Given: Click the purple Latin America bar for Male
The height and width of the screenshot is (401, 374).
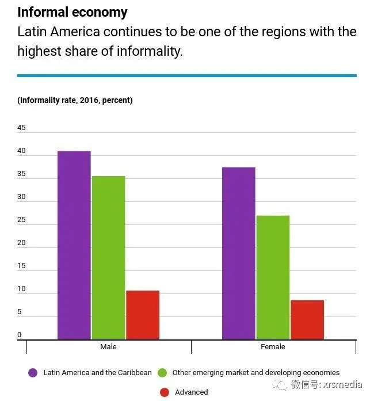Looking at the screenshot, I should (x=74, y=245).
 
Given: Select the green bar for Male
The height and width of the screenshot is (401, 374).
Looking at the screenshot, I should (x=108, y=258).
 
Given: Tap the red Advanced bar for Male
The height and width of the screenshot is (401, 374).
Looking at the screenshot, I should (x=142, y=315).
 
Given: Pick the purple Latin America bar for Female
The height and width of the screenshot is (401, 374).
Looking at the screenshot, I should (x=239, y=253).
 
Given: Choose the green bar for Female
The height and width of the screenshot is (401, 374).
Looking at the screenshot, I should (x=273, y=277).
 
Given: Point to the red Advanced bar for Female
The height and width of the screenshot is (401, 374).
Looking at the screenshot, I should (x=307, y=320).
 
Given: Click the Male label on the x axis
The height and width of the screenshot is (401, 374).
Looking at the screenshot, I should (x=108, y=347).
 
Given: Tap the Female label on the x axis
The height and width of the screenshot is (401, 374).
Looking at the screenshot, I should (x=273, y=347).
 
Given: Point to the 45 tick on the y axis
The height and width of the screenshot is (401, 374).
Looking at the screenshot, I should (x=22, y=128).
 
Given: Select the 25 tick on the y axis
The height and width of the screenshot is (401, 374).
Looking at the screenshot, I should (x=22, y=220).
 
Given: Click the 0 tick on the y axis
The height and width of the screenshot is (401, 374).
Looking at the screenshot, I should (x=20, y=335).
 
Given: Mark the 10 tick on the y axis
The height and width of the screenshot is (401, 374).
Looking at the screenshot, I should (x=22, y=289).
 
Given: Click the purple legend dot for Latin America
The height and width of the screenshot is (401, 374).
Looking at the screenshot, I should (x=33, y=373).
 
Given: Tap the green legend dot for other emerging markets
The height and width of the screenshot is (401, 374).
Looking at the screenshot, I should (x=162, y=373).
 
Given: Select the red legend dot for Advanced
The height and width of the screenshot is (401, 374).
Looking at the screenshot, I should (x=165, y=392).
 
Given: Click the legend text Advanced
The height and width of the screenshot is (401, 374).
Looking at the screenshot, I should (x=192, y=392).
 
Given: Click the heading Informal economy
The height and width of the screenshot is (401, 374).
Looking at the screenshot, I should (x=72, y=12).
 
